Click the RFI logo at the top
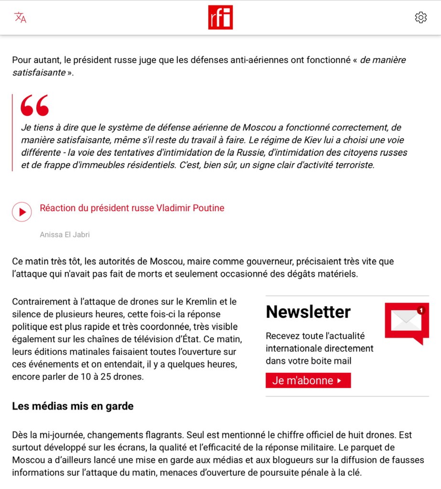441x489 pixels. pyautogui.click(x=220, y=18)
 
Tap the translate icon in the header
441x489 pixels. pyautogui.click(x=20, y=18)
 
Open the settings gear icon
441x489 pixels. pyautogui.click(x=420, y=18)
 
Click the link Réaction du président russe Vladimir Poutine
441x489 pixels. pyautogui.click(x=132, y=208)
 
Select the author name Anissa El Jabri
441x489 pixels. pyautogui.click(x=65, y=235)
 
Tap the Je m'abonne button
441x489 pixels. pyautogui.click(x=308, y=380)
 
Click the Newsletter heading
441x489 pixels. pyautogui.click(x=308, y=312)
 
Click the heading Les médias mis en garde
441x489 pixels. pyautogui.click(x=73, y=406)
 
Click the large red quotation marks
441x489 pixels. pyautogui.click(x=34, y=105)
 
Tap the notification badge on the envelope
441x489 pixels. pyautogui.click(x=421, y=310)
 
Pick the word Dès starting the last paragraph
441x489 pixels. pyautogui.click(x=21, y=435)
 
